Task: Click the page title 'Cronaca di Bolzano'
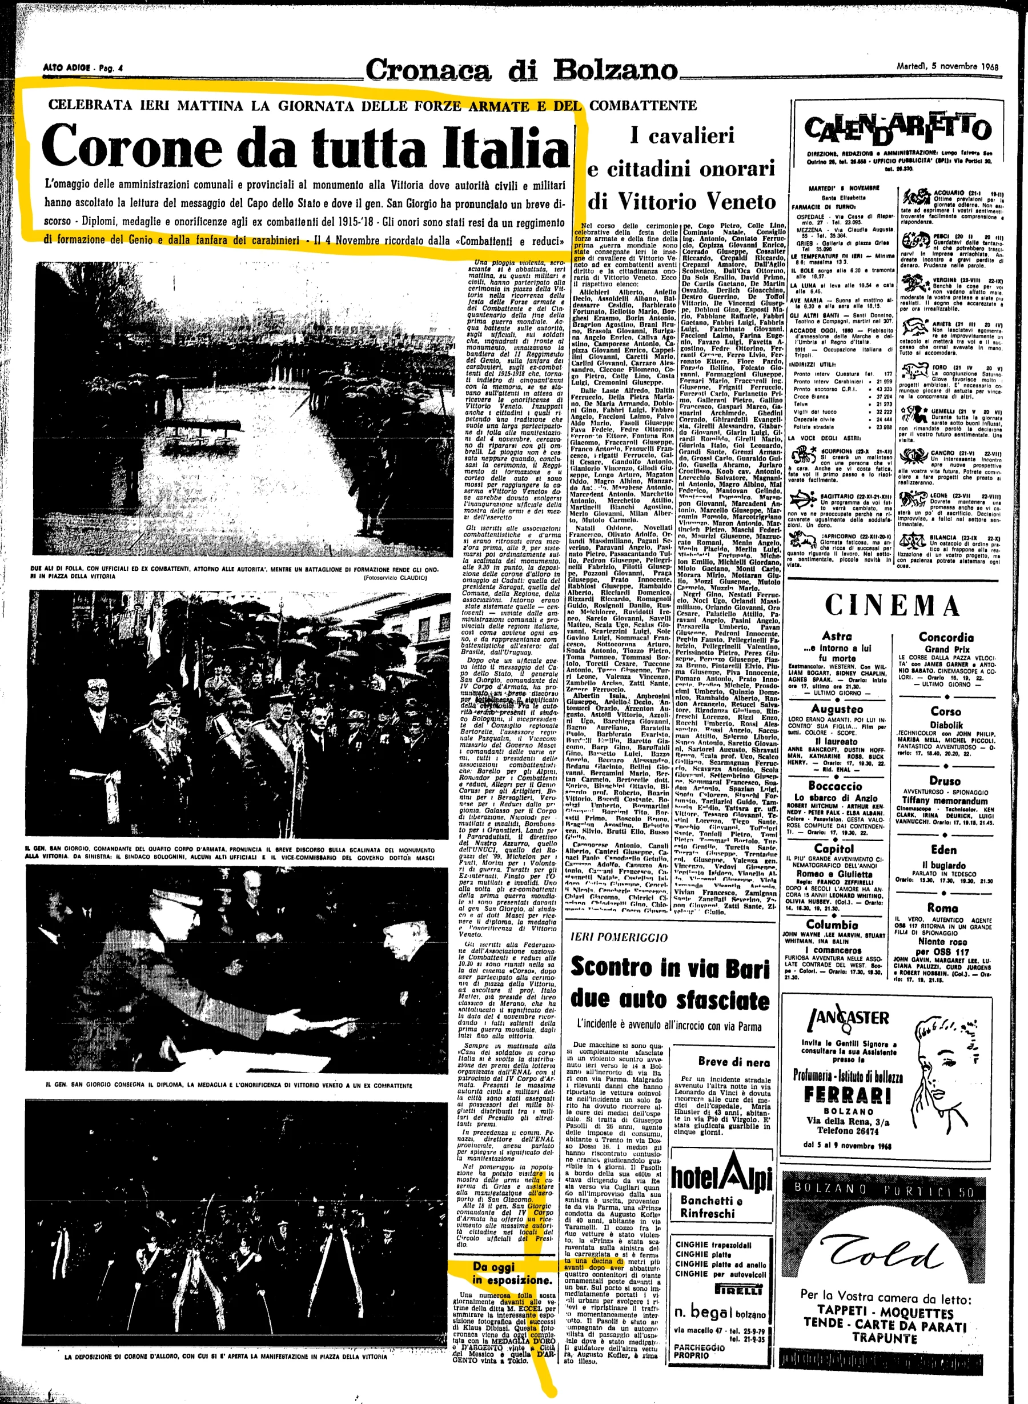pyautogui.click(x=521, y=70)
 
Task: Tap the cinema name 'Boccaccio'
pyautogui.click(x=835, y=786)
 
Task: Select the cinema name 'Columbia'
pyautogui.click(x=832, y=925)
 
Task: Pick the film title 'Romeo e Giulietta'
pyautogui.click(x=833, y=874)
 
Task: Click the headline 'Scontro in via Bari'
pyautogui.click(x=670, y=967)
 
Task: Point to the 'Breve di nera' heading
pyautogui.click(x=734, y=1063)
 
